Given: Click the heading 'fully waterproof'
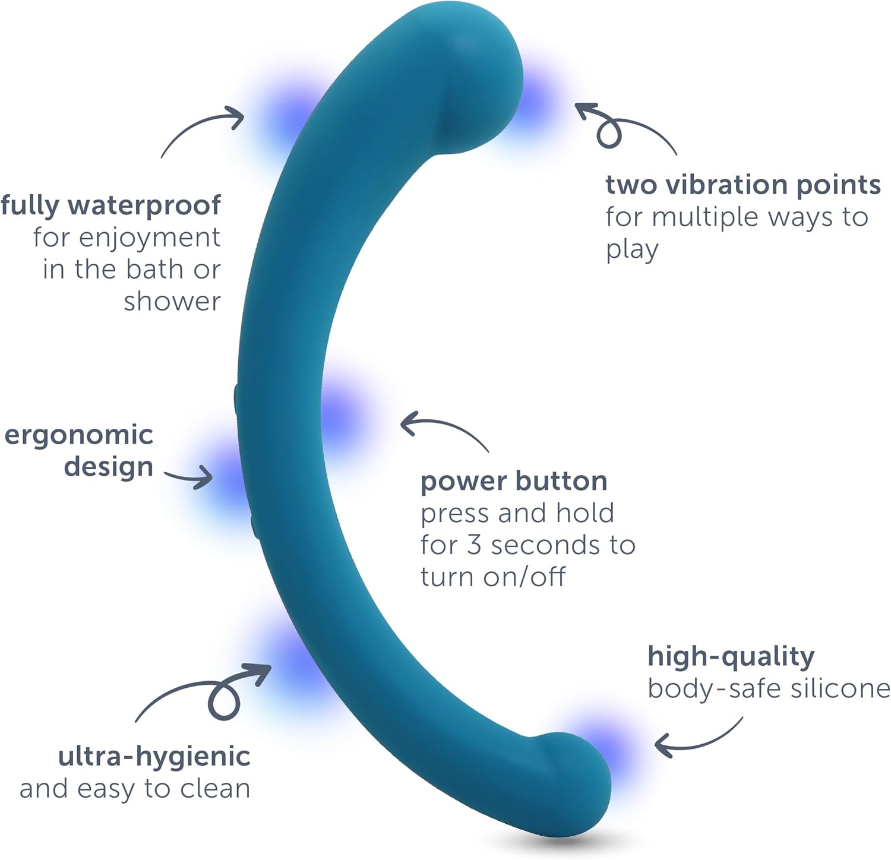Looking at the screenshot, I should (x=111, y=205).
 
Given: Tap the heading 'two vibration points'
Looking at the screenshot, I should (x=742, y=185).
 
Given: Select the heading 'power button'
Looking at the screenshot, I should (x=514, y=481).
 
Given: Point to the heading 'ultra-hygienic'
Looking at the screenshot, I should (x=154, y=757).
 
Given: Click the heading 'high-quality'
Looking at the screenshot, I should (x=731, y=657).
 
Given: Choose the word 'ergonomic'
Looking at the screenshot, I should (x=78, y=435).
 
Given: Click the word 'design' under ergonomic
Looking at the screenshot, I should (x=109, y=467).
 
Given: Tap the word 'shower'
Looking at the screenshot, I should (x=172, y=301).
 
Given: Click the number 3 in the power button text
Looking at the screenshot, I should (x=473, y=545).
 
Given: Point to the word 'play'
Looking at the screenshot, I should (x=632, y=249).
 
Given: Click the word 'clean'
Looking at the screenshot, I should (x=215, y=789).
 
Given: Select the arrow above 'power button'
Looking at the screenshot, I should (x=443, y=429).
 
